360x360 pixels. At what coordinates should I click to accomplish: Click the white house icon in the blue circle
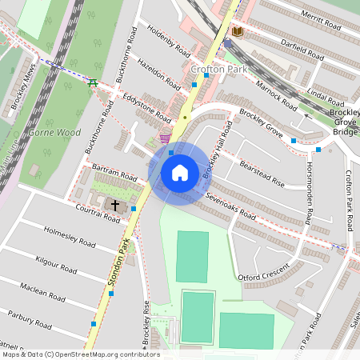tap(180, 172)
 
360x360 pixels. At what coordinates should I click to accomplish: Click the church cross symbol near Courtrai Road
tap(114, 206)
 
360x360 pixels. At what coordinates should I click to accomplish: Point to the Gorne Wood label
tap(54, 131)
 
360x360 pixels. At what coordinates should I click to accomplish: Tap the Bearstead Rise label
tap(262, 174)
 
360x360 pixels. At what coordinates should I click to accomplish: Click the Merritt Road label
tap(318, 20)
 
